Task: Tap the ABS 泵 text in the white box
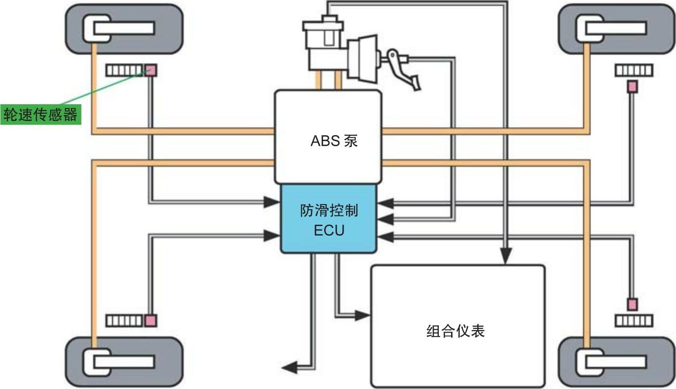coord(334,141)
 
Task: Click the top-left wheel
coord(124,29)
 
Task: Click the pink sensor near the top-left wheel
coord(151,71)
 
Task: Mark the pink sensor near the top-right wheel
coord(632,86)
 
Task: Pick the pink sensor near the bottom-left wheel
coord(151,321)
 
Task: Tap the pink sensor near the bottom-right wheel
coord(632,304)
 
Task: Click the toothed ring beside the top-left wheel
coord(125,71)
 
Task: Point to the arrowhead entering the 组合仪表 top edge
coord(506,258)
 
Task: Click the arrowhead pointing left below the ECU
coord(289,367)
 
